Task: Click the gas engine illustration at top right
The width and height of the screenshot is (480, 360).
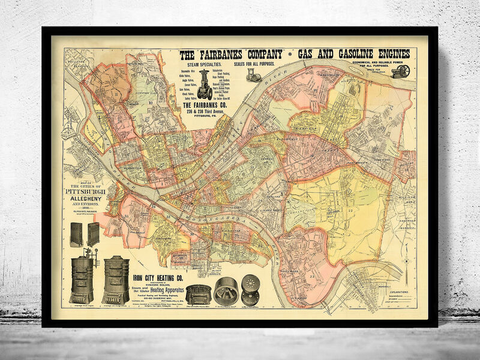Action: coord(400,71)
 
